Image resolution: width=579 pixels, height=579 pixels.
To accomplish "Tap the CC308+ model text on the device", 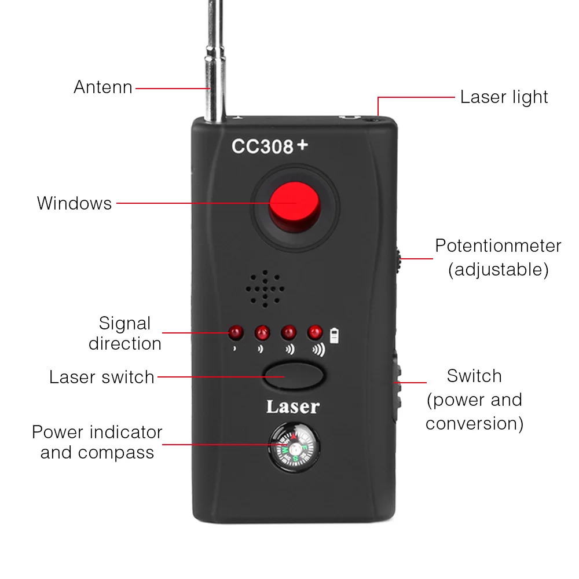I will click(270, 146).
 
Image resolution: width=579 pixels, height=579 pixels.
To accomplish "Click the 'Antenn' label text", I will click(103, 87).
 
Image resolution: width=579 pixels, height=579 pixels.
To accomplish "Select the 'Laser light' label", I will click(504, 97).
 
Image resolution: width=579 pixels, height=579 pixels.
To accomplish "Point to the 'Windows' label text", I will click(74, 203).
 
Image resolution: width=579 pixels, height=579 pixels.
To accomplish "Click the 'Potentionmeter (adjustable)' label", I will click(498, 257).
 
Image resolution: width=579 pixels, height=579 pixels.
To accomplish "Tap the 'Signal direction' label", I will click(124, 333).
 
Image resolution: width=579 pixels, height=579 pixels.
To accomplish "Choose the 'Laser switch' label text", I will click(102, 377).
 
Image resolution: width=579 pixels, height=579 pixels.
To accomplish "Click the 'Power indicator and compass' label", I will click(97, 442).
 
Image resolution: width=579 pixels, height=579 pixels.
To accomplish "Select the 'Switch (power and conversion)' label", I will click(474, 400).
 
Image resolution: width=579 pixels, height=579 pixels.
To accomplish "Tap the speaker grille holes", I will click(265, 288).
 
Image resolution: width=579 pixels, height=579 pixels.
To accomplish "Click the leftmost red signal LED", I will click(236, 332).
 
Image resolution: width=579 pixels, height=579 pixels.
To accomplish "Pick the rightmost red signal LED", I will click(315, 332).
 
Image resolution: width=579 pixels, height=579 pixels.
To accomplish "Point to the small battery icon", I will click(334, 335).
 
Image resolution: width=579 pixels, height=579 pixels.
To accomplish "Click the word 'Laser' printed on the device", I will click(292, 407).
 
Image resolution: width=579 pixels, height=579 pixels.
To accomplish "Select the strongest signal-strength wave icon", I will click(318, 350).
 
